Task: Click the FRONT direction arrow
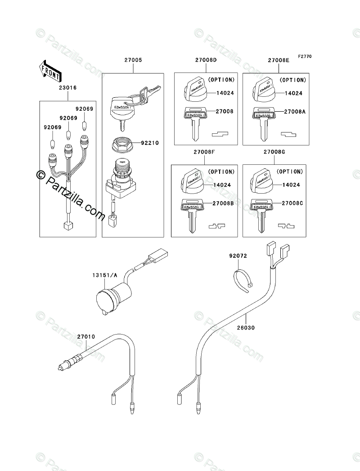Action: pyautogui.click(x=50, y=71)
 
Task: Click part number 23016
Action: pyautogui.click(x=67, y=88)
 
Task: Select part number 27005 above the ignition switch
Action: pyautogui.click(x=133, y=60)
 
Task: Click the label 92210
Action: pyautogui.click(x=150, y=143)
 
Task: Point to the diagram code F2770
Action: pyautogui.click(x=305, y=56)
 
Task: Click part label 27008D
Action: pyautogui.click(x=206, y=60)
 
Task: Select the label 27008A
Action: pyautogui.click(x=295, y=111)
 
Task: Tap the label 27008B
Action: pyautogui.click(x=223, y=204)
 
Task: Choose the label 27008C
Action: pyautogui.click(x=292, y=204)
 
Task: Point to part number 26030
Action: pyautogui.click(x=246, y=327)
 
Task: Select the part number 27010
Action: pyautogui.click(x=86, y=337)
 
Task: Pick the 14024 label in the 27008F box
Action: pyautogui.click(x=222, y=185)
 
